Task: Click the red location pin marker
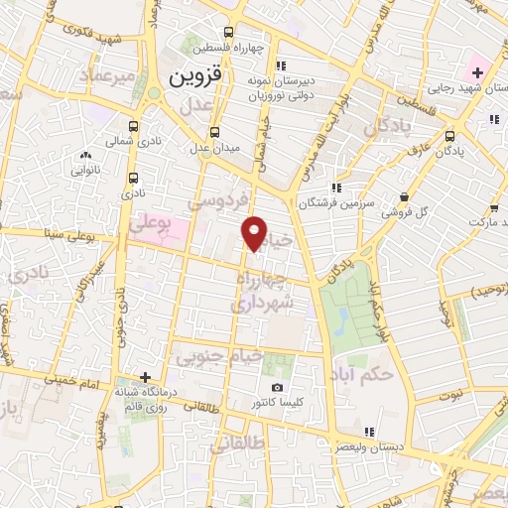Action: [255, 234]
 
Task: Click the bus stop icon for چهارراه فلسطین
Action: [230, 31]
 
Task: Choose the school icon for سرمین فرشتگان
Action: [336, 186]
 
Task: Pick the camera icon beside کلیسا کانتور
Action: [277, 387]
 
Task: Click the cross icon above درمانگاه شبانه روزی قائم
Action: [146, 377]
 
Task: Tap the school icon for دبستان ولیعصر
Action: [370, 432]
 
